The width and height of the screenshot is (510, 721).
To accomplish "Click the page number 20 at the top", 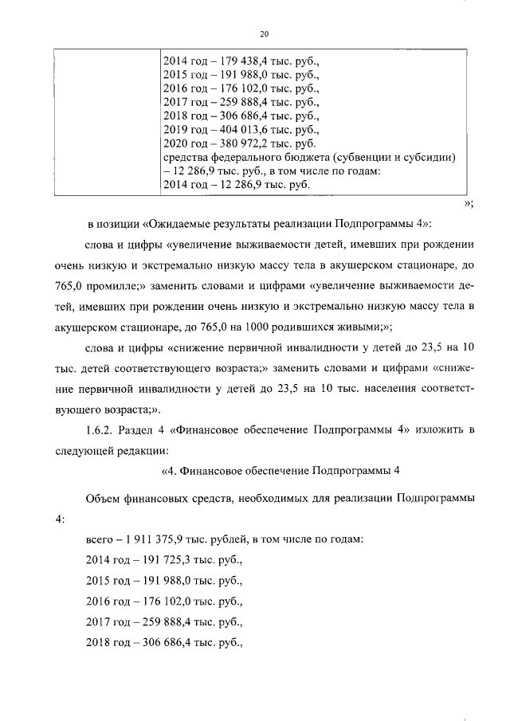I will (265, 33).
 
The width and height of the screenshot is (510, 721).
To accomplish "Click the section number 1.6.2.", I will (101, 431).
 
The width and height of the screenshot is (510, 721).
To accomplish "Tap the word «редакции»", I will (144, 452).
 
